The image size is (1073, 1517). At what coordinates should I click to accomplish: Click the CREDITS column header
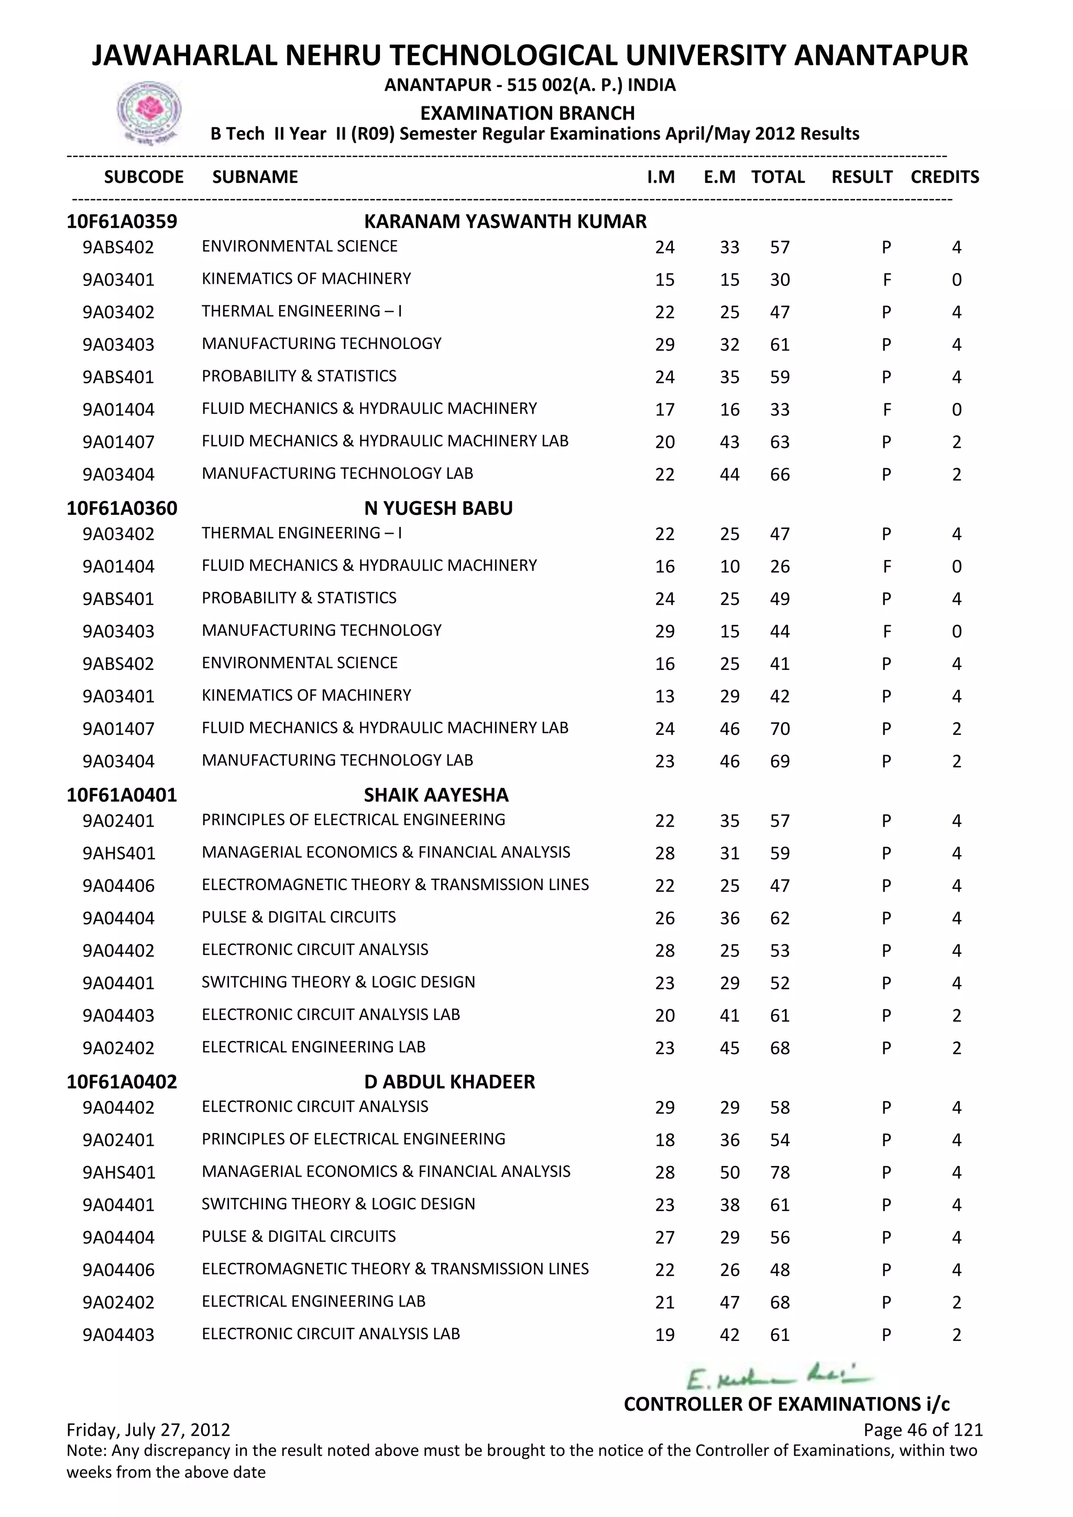(x=944, y=177)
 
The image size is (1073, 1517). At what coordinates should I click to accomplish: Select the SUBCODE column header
(x=144, y=177)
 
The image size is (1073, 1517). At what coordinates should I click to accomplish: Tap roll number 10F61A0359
(x=122, y=222)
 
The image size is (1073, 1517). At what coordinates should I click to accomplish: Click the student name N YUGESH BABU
(x=438, y=508)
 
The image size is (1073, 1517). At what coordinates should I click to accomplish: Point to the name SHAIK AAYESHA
(x=436, y=795)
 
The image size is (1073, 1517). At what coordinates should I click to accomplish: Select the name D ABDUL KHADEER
(x=450, y=1082)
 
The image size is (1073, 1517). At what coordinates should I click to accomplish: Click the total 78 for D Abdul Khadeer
(x=780, y=1172)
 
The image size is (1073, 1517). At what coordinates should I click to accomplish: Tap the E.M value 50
(x=729, y=1172)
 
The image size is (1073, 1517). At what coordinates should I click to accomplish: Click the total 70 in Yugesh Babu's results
(x=780, y=729)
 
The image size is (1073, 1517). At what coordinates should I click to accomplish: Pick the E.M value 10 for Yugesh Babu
(x=729, y=566)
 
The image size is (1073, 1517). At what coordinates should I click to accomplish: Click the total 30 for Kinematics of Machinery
(x=780, y=280)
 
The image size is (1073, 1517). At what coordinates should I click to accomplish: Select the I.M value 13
(x=665, y=696)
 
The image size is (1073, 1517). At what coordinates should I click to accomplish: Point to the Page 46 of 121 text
(x=922, y=1430)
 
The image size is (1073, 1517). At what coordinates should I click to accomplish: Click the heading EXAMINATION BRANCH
(x=527, y=113)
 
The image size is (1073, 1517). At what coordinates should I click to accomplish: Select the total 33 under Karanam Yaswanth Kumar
(x=780, y=410)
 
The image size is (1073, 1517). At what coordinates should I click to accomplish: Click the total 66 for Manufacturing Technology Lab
(x=780, y=475)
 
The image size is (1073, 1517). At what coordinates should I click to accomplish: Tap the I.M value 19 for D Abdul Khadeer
(x=665, y=1335)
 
